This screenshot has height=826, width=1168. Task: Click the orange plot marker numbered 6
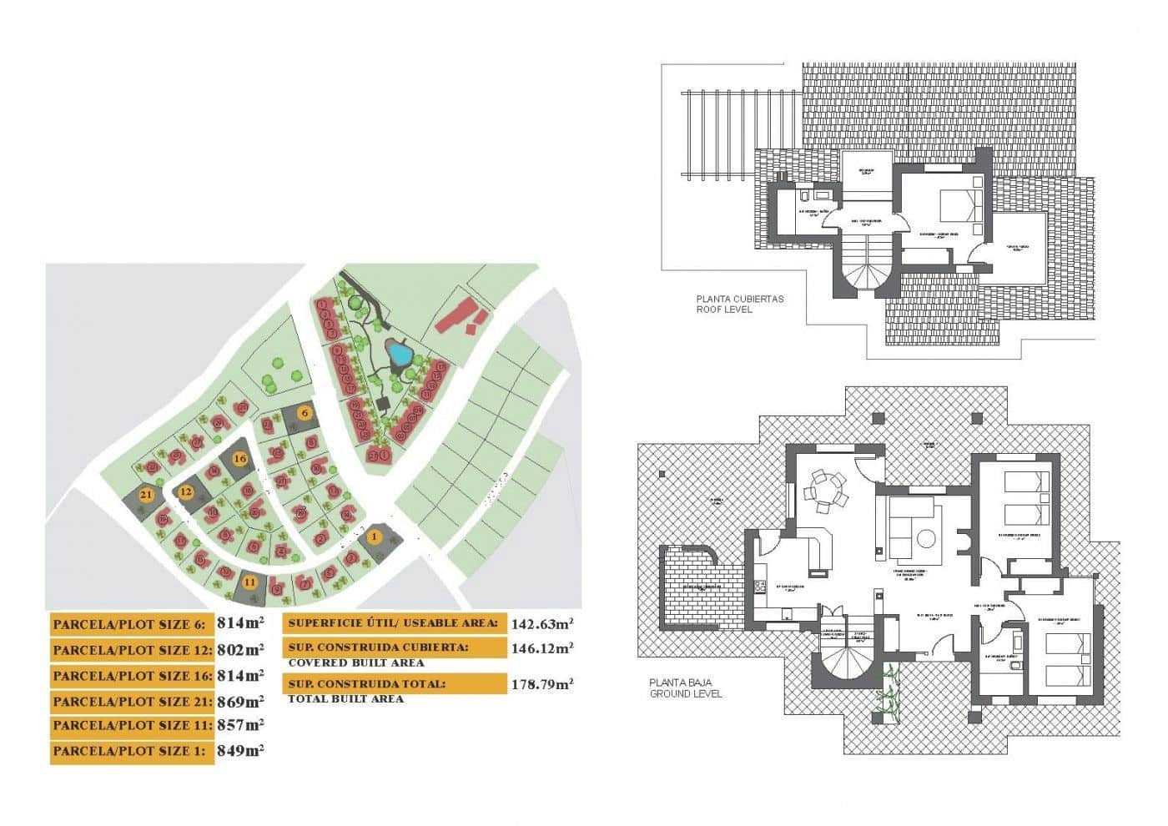[305, 413]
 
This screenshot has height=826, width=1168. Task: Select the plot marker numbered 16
[239, 459]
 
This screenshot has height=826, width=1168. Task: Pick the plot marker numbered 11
[249, 582]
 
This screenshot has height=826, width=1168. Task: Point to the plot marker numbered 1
[375, 536]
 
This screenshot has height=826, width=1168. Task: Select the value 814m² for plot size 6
[240, 622]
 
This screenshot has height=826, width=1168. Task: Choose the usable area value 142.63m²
[541, 623]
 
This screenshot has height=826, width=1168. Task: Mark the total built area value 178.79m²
[541, 684]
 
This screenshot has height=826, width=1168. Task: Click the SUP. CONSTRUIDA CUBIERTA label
[378, 647]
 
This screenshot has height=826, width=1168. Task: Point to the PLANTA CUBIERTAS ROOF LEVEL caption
[740, 304]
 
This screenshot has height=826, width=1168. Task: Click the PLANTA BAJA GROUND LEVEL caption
[686, 687]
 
